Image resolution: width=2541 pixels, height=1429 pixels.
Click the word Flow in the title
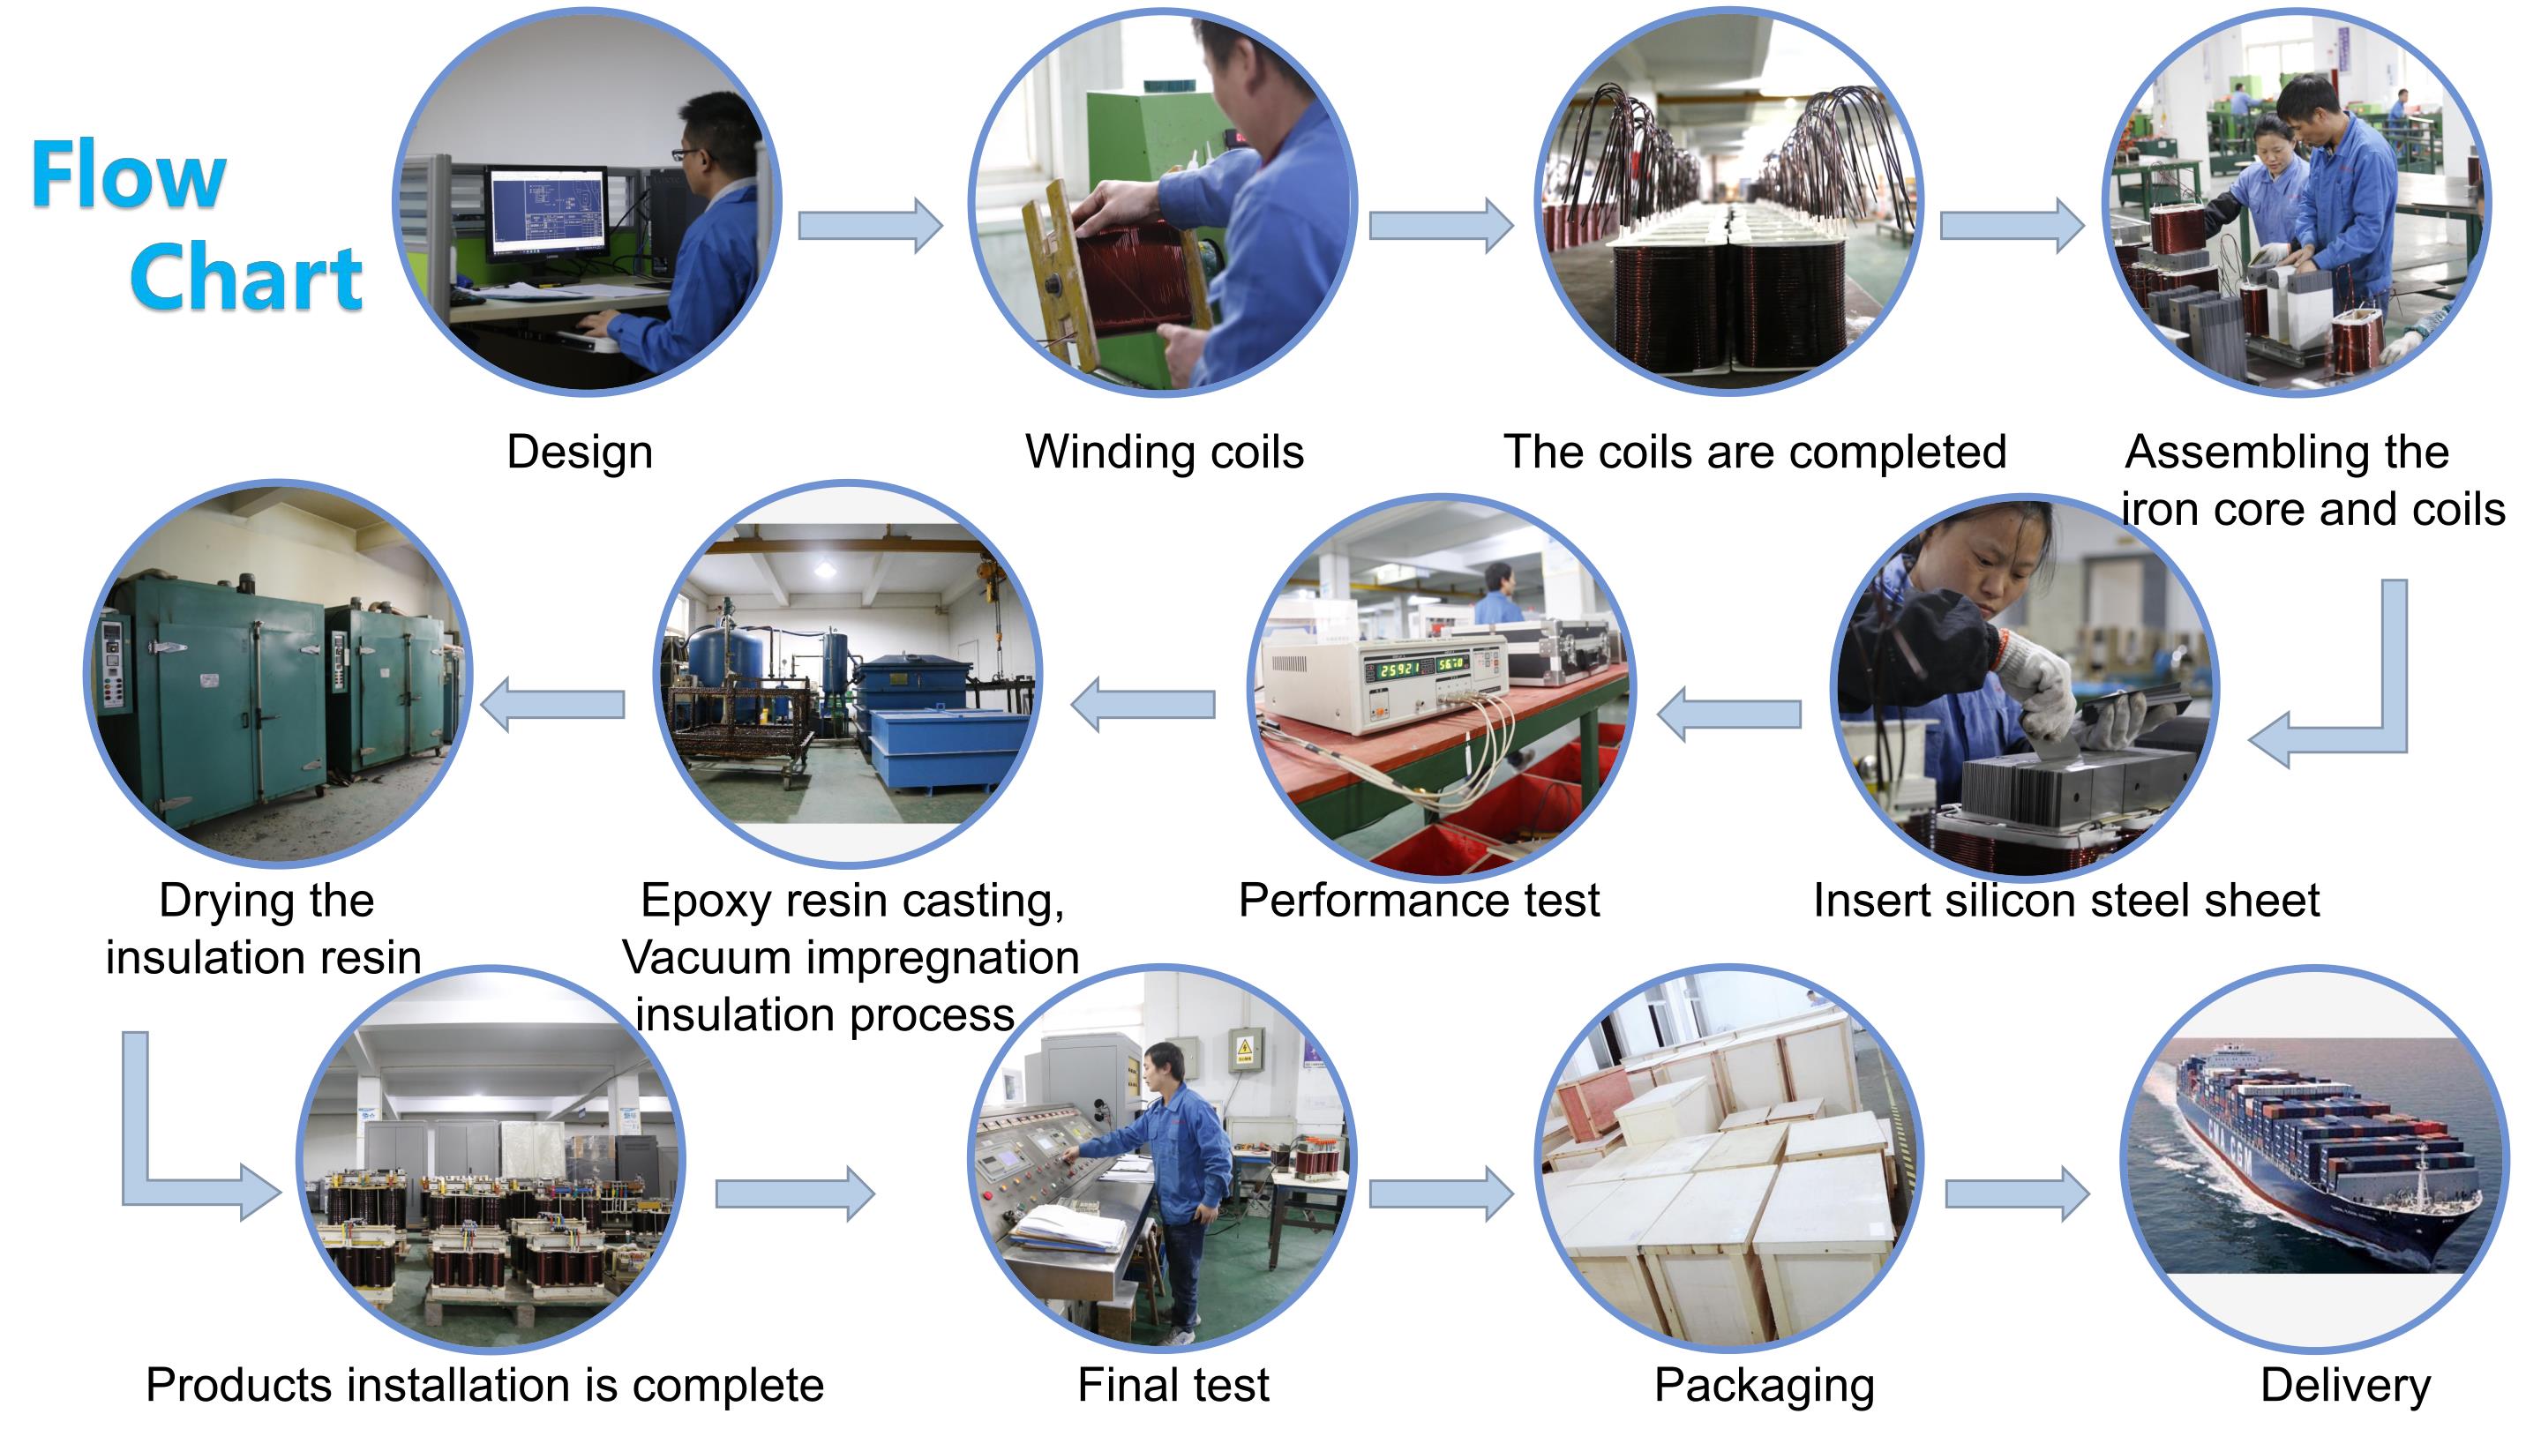tap(128, 176)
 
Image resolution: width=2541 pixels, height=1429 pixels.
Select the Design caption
tap(579, 453)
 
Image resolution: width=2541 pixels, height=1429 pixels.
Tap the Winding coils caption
tap(1164, 453)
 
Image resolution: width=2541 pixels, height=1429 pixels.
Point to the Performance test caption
tap(1419, 901)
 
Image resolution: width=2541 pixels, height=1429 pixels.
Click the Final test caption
tap(1173, 1385)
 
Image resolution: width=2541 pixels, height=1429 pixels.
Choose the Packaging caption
tap(1764, 1385)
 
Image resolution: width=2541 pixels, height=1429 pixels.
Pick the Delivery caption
tap(2345, 1385)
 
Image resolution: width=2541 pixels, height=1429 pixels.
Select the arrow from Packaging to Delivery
tap(2016, 1194)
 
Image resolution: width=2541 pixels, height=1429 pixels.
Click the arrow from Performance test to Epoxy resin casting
tap(1143, 704)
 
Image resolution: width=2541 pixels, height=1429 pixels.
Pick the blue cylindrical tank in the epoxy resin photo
tap(725, 659)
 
